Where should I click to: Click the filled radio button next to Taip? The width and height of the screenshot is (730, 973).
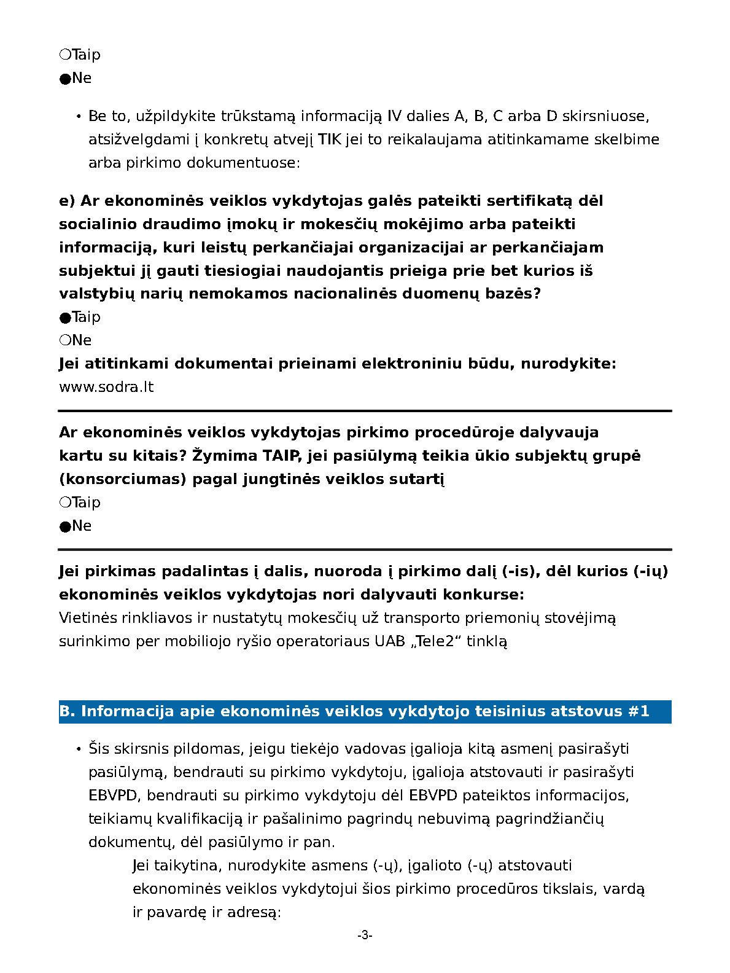coord(65,318)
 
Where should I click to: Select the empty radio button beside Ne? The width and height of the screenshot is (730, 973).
coord(65,340)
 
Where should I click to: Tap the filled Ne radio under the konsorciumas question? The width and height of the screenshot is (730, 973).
coord(65,526)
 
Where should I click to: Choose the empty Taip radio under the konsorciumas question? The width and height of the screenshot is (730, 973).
coord(65,502)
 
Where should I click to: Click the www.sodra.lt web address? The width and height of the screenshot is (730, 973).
coord(106,387)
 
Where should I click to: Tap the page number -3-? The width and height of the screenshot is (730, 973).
coord(365,936)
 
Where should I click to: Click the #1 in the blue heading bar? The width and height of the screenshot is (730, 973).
coord(639,711)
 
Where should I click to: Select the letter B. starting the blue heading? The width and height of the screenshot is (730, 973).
coord(67,711)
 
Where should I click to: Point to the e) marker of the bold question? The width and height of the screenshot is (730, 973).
coord(67,201)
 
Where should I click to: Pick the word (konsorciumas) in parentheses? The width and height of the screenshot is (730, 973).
coord(122,479)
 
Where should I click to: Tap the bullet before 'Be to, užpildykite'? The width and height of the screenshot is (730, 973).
coord(79,117)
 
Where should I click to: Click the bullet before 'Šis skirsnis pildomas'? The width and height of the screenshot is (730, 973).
coord(79,749)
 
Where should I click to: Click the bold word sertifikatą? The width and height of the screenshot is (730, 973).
coord(524,201)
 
